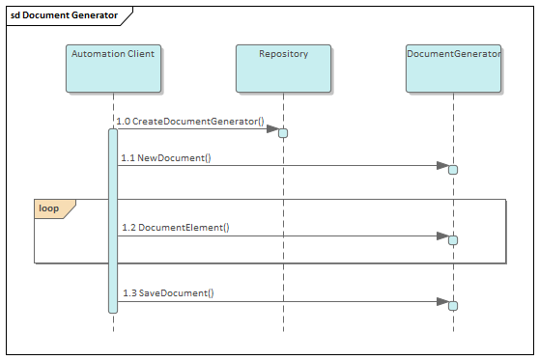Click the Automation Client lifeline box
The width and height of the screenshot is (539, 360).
coord(113,68)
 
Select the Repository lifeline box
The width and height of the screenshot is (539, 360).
coord(283,68)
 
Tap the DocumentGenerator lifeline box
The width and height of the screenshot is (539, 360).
coord(453,68)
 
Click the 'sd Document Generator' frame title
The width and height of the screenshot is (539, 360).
coord(64,15)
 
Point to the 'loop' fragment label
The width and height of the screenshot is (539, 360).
coord(48,208)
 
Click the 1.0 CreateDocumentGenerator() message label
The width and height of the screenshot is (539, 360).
coord(190,122)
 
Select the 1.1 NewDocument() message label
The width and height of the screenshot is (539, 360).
coord(166,157)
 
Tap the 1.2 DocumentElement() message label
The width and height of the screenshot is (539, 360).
coord(176,228)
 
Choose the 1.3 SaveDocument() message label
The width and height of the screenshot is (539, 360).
coord(168,293)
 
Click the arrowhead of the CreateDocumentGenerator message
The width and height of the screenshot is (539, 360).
coord(272,128)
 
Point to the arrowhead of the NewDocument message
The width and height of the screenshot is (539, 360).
coord(442,165)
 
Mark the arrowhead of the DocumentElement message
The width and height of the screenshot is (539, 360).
coord(442,235)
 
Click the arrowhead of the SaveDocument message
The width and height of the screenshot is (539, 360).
coord(442,301)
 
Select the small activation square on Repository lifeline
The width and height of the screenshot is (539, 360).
coord(283,132)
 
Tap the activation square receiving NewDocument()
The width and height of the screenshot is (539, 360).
coord(453,170)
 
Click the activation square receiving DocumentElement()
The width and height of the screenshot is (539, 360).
coord(453,240)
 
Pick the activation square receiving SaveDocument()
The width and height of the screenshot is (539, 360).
coord(453,306)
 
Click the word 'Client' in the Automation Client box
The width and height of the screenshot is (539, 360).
coord(139,54)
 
